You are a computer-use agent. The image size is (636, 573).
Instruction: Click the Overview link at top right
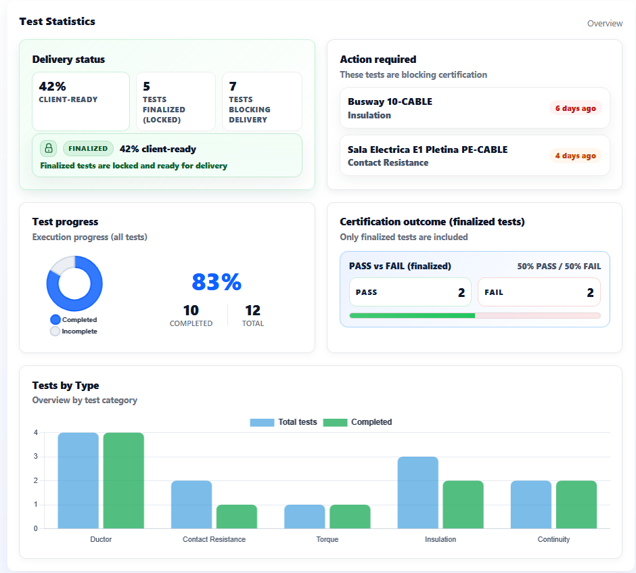[604, 24]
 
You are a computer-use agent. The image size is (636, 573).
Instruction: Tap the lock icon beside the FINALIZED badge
[48, 149]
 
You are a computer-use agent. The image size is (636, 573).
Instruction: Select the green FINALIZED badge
[88, 149]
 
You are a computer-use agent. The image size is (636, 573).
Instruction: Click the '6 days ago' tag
[575, 108]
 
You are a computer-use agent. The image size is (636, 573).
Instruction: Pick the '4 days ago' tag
[575, 156]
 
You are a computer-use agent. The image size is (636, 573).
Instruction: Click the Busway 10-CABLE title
[390, 101]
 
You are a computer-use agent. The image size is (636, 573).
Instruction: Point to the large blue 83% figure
[217, 282]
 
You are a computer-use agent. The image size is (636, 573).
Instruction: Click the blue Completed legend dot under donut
[55, 319]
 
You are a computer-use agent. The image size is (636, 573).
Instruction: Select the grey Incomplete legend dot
[55, 331]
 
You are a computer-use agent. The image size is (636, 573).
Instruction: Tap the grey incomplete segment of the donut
[60, 265]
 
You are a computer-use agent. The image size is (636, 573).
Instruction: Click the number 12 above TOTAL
[252, 311]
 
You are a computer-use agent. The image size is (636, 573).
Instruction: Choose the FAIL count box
[539, 292]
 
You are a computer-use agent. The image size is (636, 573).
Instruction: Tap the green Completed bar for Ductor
[123, 480]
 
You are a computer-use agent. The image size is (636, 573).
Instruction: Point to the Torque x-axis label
[327, 539]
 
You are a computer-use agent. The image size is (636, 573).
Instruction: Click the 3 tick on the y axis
[35, 457]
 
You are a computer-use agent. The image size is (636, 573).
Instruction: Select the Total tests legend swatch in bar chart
[262, 422]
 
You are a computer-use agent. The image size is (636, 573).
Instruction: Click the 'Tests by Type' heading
[66, 386]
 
